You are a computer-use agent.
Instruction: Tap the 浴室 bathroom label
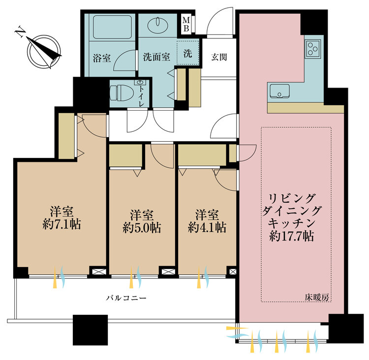pyautogui.click(x=101, y=58)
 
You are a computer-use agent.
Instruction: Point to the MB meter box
pyautogui.click(x=187, y=23)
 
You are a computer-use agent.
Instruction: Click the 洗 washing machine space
pyautogui.click(x=188, y=53)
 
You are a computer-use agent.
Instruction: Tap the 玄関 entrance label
pyautogui.click(x=219, y=57)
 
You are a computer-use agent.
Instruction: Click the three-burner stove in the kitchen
pyautogui.click(x=313, y=48)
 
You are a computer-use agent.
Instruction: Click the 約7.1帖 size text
pyautogui.click(x=61, y=225)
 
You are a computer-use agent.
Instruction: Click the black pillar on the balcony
pyautogui.click(x=90, y=330)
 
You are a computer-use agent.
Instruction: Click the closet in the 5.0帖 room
pyautogui.click(x=125, y=156)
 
